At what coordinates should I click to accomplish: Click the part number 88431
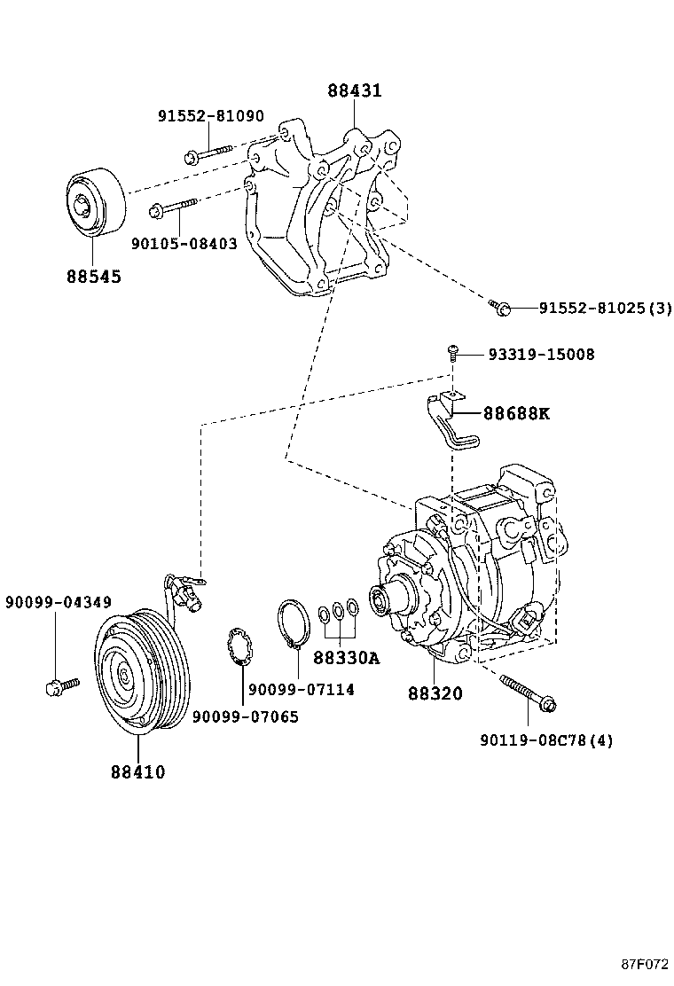pos(354,90)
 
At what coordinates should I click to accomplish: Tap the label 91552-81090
pos(211,116)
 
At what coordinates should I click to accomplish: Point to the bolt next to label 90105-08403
pos(174,208)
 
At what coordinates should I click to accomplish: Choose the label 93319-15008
pos(541,355)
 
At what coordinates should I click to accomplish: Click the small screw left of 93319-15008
pos(453,354)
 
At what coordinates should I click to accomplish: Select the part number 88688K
pos(516,413)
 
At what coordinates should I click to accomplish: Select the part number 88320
pos(435,693)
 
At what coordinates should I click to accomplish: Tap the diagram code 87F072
pos(643,964)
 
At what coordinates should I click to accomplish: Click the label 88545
pos(93,277)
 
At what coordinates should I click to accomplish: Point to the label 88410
pos(138,771)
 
